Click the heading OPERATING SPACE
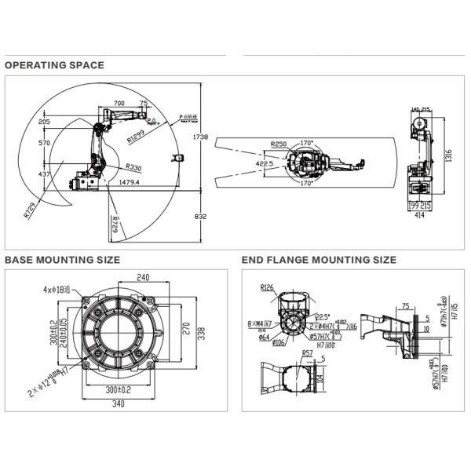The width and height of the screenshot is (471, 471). pos(54,65)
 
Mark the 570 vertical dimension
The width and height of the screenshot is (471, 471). pos(44,143)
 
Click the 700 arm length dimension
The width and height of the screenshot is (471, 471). pos(119,103)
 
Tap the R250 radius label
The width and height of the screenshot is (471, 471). pos(277,144)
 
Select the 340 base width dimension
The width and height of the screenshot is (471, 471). pos(119,405)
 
